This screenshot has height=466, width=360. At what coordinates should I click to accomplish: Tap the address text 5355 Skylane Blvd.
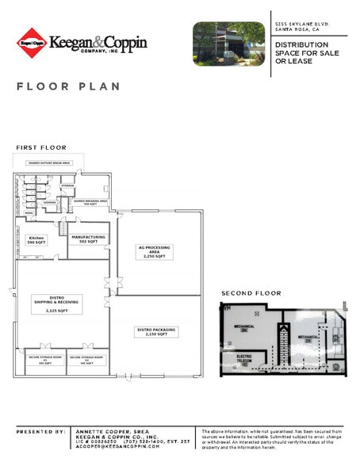(x=301, y=25)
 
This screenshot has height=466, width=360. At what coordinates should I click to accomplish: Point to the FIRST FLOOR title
(x=41, y=148)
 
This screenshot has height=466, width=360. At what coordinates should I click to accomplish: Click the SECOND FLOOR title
(x=251, y=293)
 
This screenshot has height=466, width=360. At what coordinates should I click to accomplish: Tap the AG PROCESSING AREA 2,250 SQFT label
(x=154, y=252)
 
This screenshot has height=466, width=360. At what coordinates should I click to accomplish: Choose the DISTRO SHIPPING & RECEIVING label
(x=56, y=304)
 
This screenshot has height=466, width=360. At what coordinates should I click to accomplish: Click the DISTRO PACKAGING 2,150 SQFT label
(x=155, y=331)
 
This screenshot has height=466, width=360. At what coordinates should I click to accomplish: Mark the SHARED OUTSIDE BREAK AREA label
(x=50, y=163)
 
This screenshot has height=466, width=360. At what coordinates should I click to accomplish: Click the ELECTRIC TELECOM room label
(x=244, y=358)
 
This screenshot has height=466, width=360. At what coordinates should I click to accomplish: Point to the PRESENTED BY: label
(x=40, y=431)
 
